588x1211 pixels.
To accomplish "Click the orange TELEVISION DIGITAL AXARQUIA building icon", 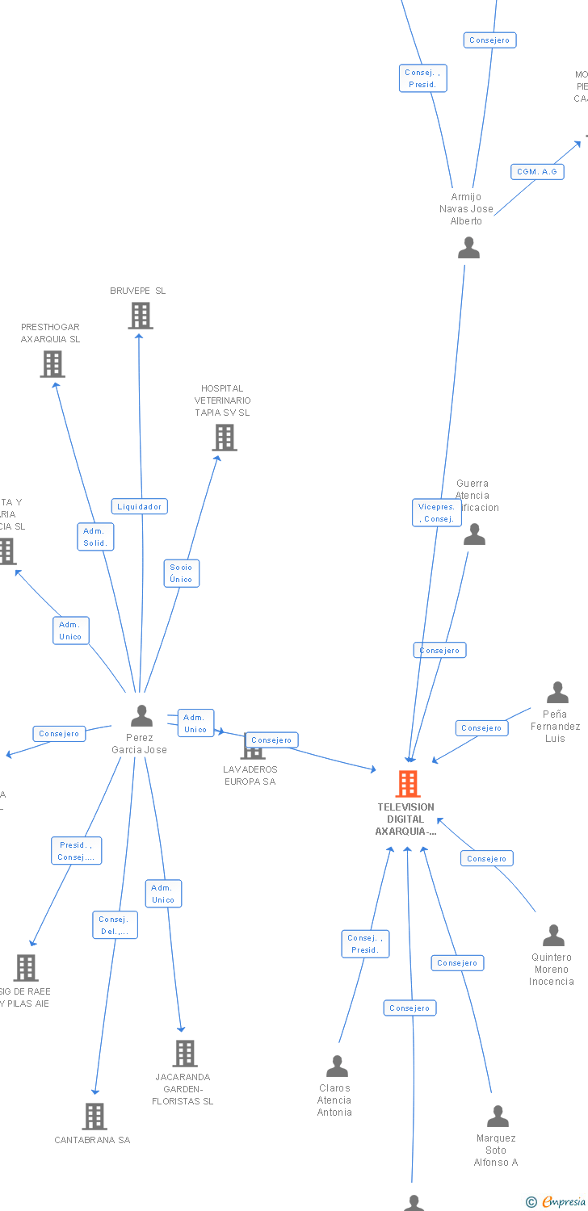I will tap(407, 783).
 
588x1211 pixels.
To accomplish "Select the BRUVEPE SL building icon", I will tap(140, 315).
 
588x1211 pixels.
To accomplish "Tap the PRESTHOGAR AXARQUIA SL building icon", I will tap(52, 363).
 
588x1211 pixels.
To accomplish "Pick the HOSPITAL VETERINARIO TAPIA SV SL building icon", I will tap(224, 437).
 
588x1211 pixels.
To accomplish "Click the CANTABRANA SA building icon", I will tap(94, 1116).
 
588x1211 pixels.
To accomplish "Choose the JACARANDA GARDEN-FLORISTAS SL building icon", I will tap(184, 1053).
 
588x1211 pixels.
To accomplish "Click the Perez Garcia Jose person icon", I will tap(141, 715).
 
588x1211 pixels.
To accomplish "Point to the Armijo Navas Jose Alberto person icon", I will tap(468, 248).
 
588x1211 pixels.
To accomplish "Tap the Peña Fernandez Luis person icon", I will tap(557, 693).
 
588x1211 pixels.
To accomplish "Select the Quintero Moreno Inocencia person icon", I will tap(553, 936).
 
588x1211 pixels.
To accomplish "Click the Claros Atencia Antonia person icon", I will tap(337, 1066).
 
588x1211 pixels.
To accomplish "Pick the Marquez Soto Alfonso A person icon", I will tap(498, 1117).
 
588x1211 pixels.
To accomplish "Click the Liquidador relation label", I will tap(140, 506).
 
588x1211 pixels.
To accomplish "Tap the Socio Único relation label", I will tap(181, 573).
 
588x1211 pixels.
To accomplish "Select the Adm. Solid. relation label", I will tap(96, 537).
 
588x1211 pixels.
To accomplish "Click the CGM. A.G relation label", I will tap(537, 171).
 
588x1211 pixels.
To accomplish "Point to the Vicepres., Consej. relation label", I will tap(437, 513).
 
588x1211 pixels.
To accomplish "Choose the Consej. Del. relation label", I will tap(115, 925).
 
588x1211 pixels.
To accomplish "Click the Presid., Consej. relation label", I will tap(76, 851).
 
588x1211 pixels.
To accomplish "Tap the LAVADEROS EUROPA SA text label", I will tap(250, 775).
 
